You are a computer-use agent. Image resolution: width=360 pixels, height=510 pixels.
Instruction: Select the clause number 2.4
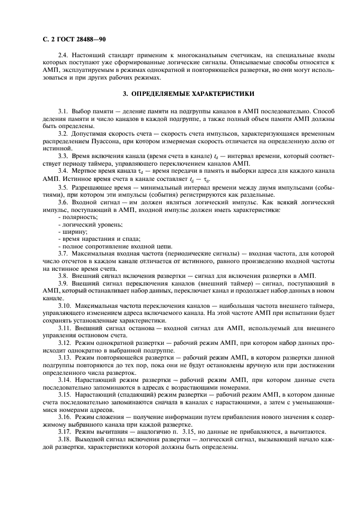pyautogui.click(x=63, y=56)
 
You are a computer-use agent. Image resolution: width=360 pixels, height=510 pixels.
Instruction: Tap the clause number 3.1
pyautogui.click(x=63, y=111)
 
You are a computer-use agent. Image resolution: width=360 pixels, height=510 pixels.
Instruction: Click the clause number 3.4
pyautogui.click(x=63, y=172)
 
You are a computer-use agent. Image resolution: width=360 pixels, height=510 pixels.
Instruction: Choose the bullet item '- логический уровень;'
pyautogui.click(x=90, y=224)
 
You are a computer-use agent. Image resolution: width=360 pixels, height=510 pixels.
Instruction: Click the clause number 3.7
pyautogui.click(x=63, y=254)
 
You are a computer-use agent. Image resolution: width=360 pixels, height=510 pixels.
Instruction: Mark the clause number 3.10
pyautogui.click(x=65, y=306)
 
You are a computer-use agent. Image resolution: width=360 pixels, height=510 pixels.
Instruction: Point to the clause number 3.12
pyautogui.click(x=65, y=342)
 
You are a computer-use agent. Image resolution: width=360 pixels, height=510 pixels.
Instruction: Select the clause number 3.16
pyautogui.click(x=65, y=416)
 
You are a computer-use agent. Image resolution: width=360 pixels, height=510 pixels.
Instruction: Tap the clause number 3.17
pyautogui.click(x=65, y=431)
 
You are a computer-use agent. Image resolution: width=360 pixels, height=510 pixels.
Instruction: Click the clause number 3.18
pyautogui.click(x=65, y=439)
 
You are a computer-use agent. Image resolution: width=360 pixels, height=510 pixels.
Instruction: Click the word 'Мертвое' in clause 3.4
pyautogui.click(x=85, y=172)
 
